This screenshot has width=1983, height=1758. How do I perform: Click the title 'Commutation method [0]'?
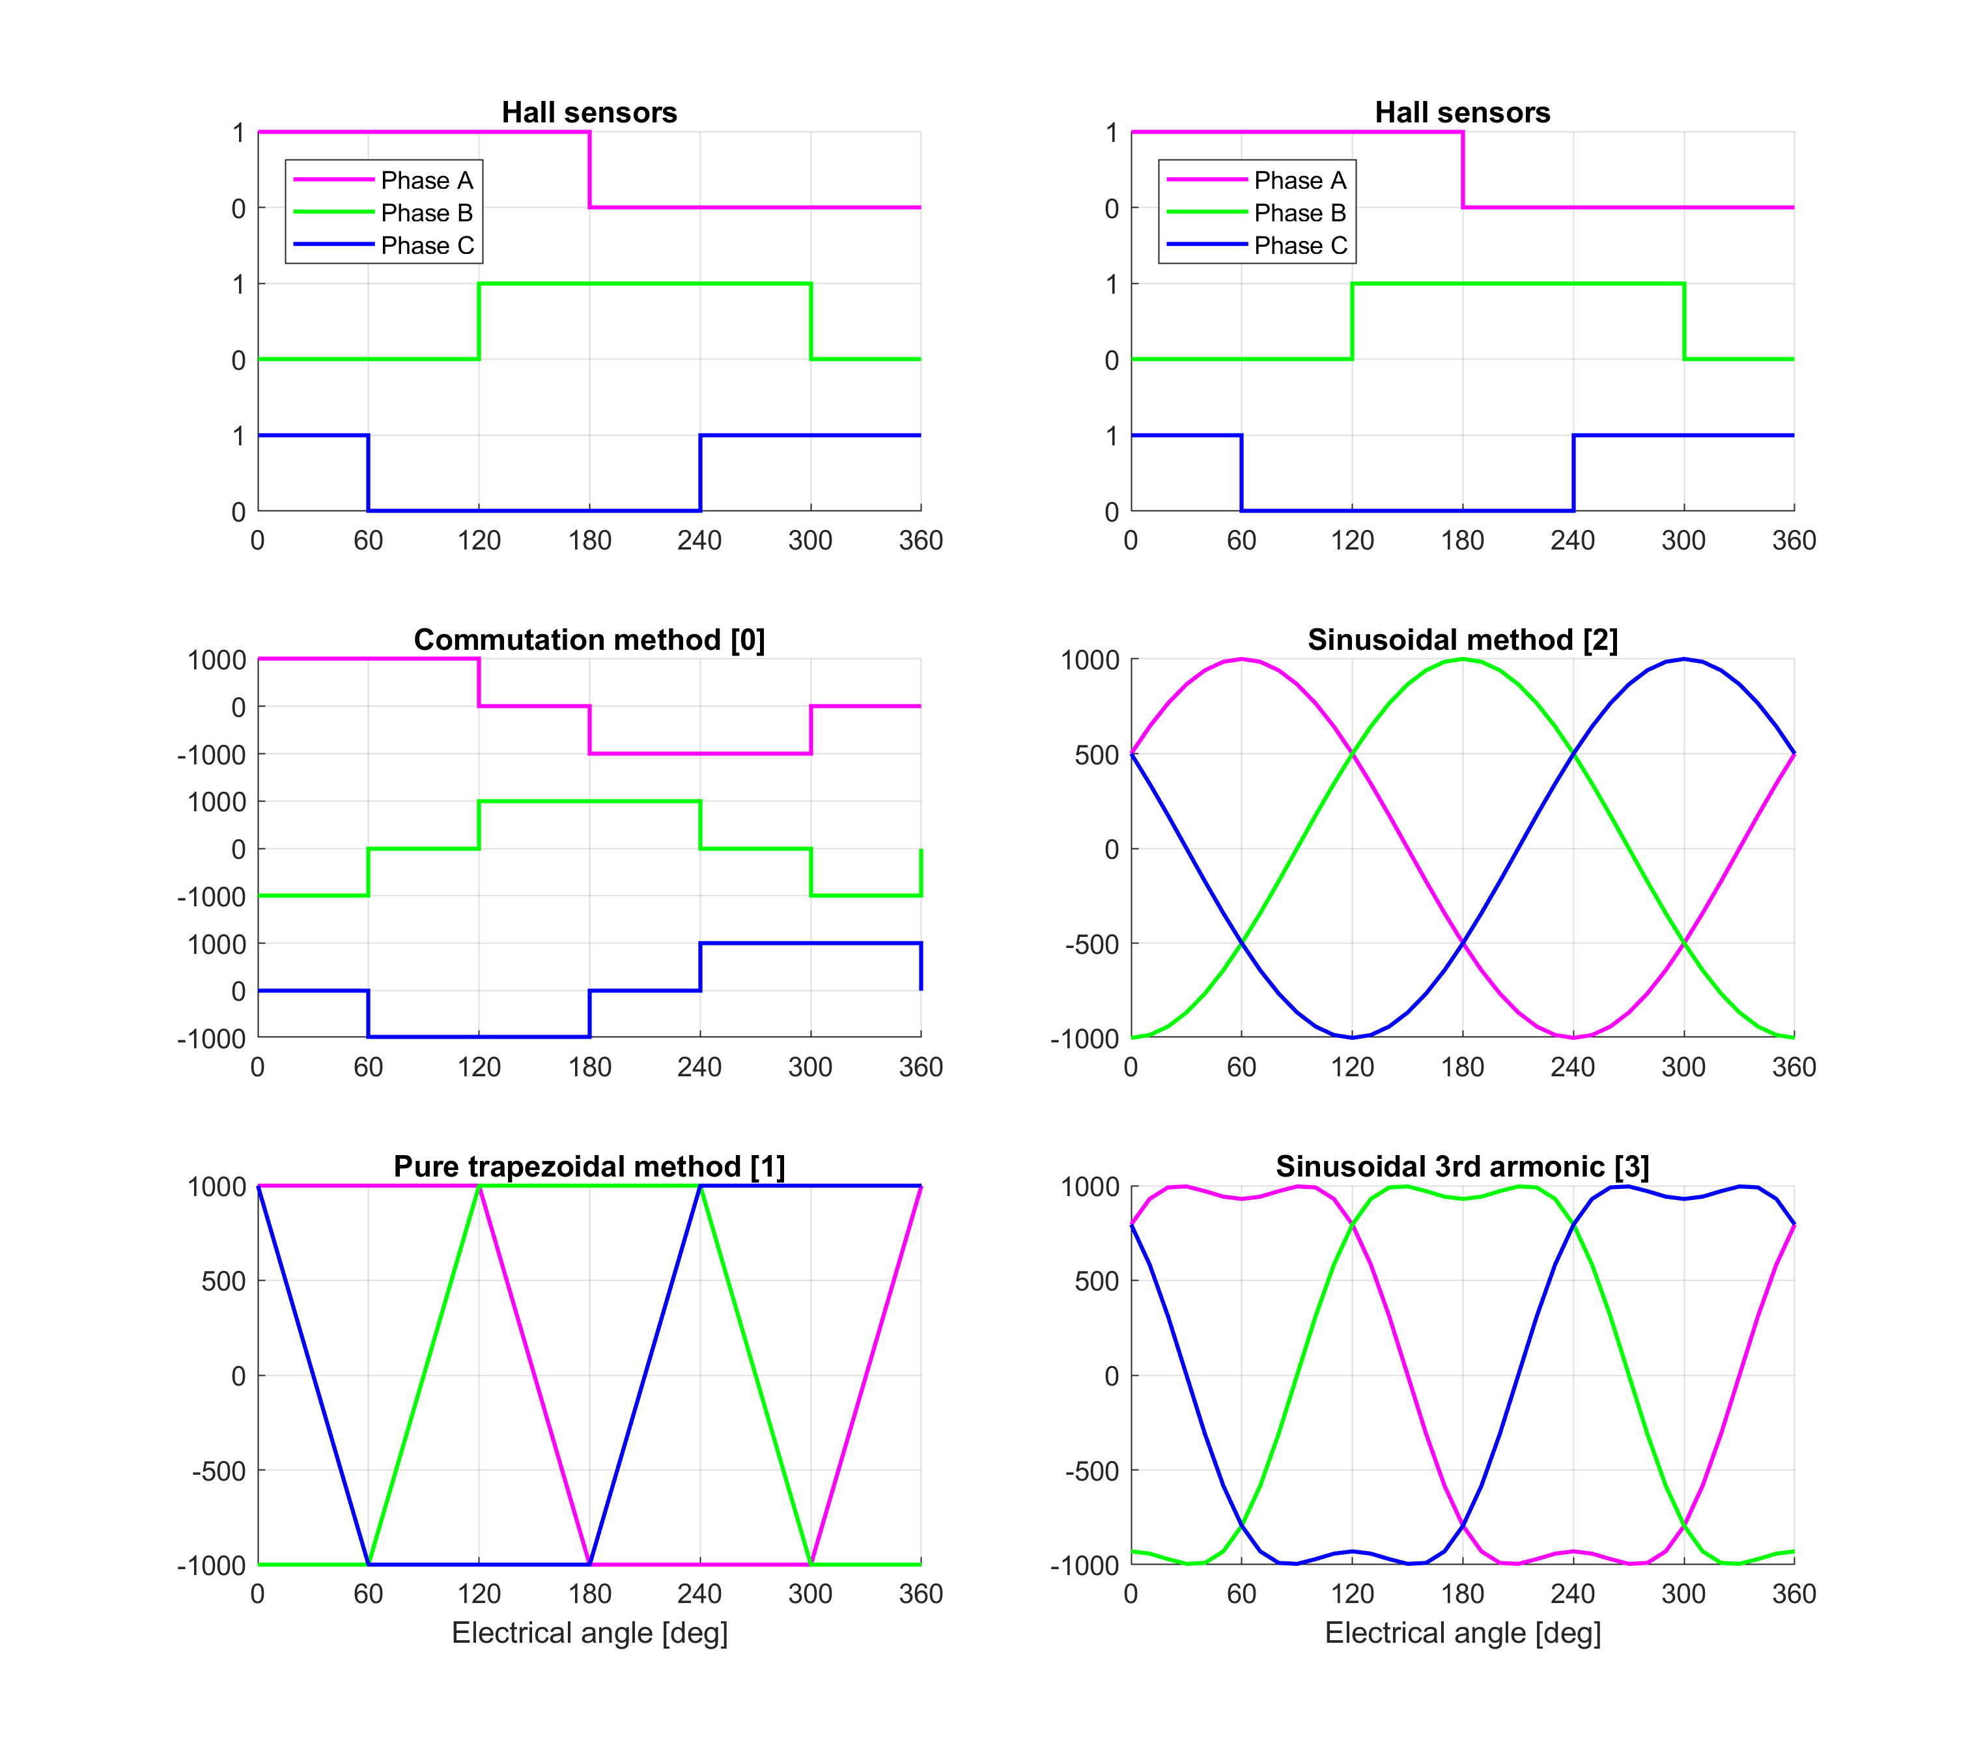click(x=589, y=639)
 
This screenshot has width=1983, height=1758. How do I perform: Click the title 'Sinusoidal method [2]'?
click(x=1462, y=639)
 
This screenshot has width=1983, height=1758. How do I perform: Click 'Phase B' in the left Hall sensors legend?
click(x=426, y=212)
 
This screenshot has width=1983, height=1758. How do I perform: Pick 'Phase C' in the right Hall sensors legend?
click(x=1300, y=245)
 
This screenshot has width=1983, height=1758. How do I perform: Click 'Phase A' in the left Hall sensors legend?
click(x=426, y=180)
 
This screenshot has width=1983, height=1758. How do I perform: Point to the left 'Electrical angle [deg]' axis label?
click(x=589, y=1633)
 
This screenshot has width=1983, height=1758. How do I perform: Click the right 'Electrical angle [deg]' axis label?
click(x=1462, y=1633)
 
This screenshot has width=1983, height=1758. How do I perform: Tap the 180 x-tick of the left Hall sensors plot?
click(x=589, y=540)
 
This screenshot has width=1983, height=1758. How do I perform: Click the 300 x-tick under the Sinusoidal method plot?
click(x=1683, y=1067)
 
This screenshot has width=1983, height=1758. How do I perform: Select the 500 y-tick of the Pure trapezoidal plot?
click(x=223, y=1281)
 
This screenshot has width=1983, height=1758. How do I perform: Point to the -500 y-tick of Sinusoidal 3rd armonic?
click(x=1091, y=1471)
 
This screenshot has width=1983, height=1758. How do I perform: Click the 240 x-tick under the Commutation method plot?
click(x=699, y=1067)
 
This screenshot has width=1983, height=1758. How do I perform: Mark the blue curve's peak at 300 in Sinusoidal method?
click(x=1683, y=660)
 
